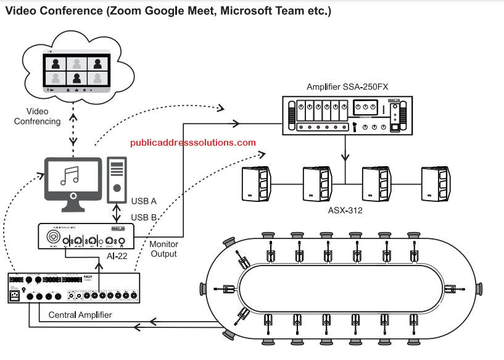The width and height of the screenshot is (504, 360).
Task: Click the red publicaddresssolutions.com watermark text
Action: pyautogui.click(x=192, y=143)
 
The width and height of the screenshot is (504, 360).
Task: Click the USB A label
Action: pyautogui.click(x=144, y=201)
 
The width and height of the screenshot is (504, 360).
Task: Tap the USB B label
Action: pyautogui.click(x=144, y=217)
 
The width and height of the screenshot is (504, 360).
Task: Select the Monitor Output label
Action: pyautogui.click(x=163, y=249)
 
